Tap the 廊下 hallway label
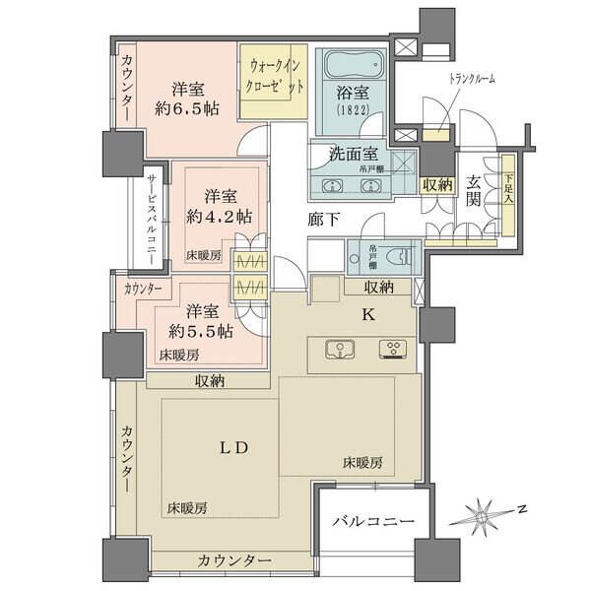[322, 219]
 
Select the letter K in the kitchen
[368, 315]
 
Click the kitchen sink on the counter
[338, 348]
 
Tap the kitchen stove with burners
[395, 348]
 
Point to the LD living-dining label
[232, 446]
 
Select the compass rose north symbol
[484, 515]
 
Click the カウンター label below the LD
[233, 559]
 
